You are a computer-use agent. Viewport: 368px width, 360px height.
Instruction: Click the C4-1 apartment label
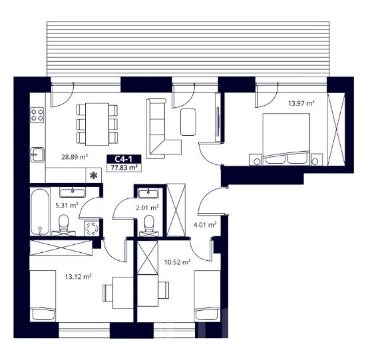(x=124, y=159)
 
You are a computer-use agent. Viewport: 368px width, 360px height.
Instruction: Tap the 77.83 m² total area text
(x=124, y=168)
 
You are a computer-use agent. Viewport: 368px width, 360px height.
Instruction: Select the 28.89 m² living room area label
(x=75, y=157)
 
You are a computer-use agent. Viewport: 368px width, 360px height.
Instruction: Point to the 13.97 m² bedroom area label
(x=301, y=103)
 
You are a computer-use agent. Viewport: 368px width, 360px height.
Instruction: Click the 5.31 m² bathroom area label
(x=67, y=206)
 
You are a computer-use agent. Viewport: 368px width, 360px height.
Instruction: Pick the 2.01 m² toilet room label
(x=147, y=208)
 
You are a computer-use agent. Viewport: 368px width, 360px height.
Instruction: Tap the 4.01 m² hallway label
(x=205, y=225)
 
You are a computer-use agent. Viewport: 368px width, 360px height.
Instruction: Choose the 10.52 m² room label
(x=177, y=262)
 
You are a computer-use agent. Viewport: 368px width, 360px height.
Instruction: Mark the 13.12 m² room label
(x=78, y=277)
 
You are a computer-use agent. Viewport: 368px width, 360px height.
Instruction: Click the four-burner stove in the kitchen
(x=37, y=115)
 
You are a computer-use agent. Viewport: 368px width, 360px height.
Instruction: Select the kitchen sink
(x=37, y=154)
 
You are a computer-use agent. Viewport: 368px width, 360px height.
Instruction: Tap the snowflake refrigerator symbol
(x=94, y=175)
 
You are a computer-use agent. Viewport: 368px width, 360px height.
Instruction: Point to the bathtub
(x=40, y=212)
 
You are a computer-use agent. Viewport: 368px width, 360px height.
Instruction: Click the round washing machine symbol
(x=92, y=228)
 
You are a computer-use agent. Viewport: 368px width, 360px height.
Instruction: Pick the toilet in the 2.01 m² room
(x=148, y=224)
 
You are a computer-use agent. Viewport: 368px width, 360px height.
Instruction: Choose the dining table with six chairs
(x=97, y=124)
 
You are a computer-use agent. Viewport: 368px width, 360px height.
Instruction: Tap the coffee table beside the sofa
(x=188, y=122)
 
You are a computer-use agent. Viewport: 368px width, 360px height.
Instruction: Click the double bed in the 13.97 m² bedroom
(x=286, y=139)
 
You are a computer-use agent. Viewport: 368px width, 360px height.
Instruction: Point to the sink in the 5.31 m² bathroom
(x=73, y=192)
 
